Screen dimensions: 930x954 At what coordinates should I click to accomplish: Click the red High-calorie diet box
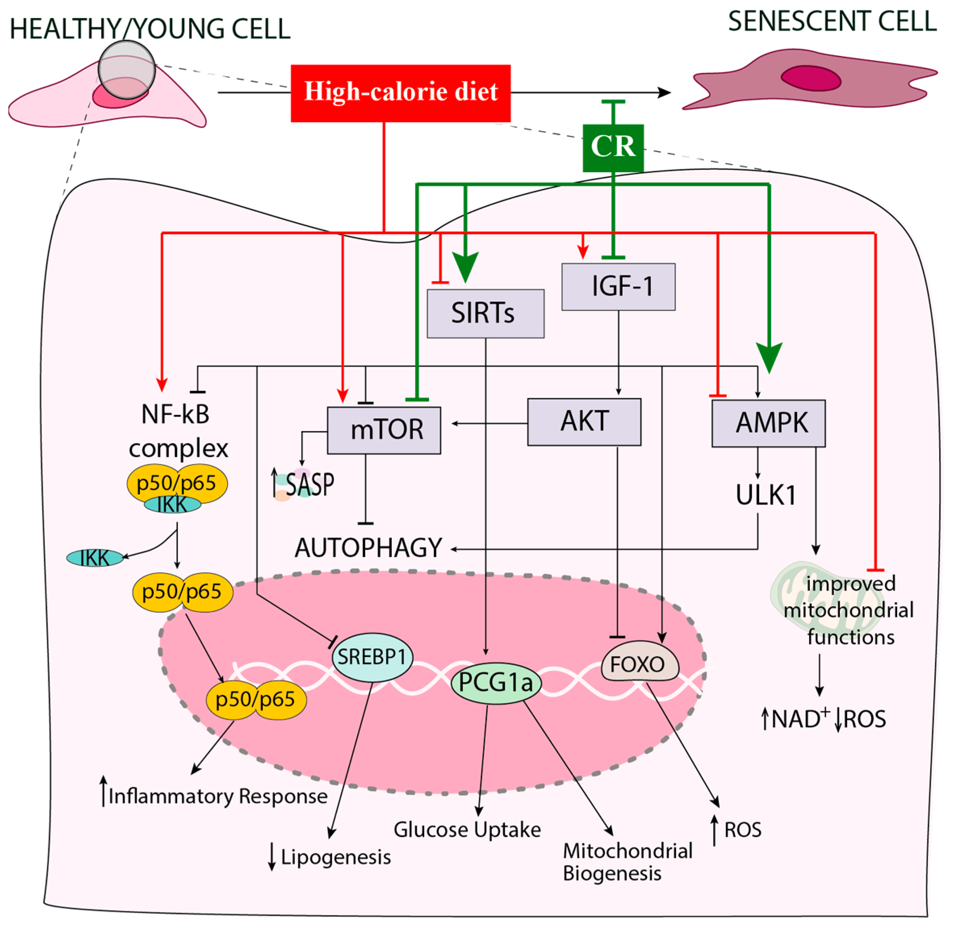coord(400,93)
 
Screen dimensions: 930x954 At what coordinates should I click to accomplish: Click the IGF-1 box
coord(618,287)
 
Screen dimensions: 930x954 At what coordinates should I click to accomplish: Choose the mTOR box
coord(384,430)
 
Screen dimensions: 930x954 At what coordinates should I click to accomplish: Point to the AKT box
coord(584,421)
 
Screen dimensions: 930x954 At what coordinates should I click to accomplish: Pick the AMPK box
coord(768,423)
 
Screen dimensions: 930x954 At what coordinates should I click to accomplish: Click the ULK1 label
coord(766,495)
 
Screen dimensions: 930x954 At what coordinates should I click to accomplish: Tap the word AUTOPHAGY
coord(368,548)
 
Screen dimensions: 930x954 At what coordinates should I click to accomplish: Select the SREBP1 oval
coord(372,657)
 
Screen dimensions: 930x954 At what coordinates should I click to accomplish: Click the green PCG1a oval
coord(496,683)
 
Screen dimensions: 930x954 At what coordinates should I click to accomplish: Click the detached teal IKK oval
coord(95,558)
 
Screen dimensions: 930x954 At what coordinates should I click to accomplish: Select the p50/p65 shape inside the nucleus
coord(255,699)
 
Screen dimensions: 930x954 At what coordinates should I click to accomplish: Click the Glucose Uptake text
coord(467,830)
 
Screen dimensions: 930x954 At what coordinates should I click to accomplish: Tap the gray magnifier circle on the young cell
coord(127,70)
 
